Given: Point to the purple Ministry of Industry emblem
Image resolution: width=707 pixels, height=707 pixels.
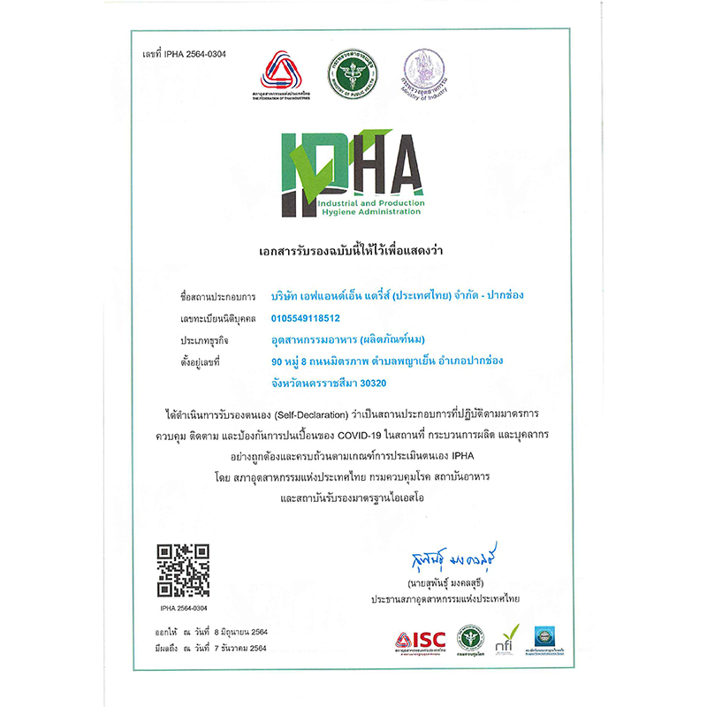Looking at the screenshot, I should click(421, 71).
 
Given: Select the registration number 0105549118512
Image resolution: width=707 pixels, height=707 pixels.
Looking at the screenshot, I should click(306, 317).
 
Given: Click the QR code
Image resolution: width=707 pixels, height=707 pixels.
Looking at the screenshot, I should click(184, 571).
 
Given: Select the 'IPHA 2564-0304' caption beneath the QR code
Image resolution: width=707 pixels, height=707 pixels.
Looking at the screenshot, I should click(184, 609).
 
